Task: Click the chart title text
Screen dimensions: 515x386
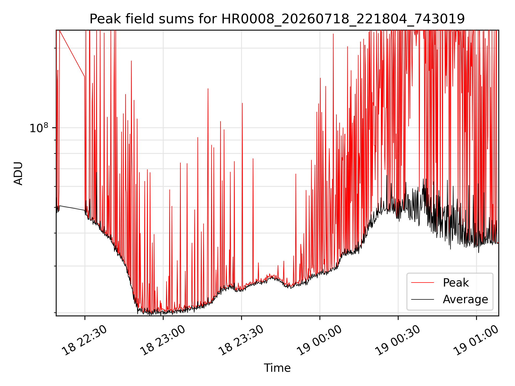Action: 277,19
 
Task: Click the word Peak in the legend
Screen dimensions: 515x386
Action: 456,283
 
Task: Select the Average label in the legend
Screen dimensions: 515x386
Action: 465,299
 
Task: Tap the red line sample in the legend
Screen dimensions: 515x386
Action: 422,283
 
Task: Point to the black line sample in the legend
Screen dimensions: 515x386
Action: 422,299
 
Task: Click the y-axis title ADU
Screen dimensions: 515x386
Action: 18,173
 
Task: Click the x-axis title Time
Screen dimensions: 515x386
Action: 277,368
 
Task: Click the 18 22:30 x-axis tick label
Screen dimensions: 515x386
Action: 84,340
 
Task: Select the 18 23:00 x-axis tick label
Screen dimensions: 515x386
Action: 163,340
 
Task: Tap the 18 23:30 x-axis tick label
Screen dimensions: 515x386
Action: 241,340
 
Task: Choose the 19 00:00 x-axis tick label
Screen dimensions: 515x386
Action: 319,340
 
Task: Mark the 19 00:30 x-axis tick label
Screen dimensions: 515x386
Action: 398,340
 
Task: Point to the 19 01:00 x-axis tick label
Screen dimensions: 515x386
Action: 476,340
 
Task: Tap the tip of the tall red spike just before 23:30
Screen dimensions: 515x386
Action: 242,103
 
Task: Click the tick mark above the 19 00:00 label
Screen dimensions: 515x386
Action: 320,318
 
